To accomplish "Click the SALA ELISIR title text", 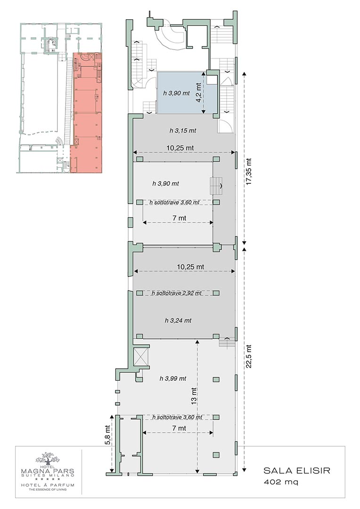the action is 297,470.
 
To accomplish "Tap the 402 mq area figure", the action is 281,482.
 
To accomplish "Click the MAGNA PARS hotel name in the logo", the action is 48,471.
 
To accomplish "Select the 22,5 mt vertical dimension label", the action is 249,356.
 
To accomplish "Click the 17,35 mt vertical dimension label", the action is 249,172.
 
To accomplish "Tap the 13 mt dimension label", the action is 194,395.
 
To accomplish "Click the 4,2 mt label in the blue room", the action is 199,92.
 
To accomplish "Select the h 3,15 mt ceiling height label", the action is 183,131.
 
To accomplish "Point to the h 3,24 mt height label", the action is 178,320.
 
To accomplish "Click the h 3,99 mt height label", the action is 172,378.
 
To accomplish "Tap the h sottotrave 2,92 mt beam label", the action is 177,293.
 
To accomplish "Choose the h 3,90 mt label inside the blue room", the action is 176,93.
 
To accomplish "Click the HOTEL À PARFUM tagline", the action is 48,485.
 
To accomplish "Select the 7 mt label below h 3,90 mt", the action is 179,218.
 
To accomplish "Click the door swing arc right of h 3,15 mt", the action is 226,126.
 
